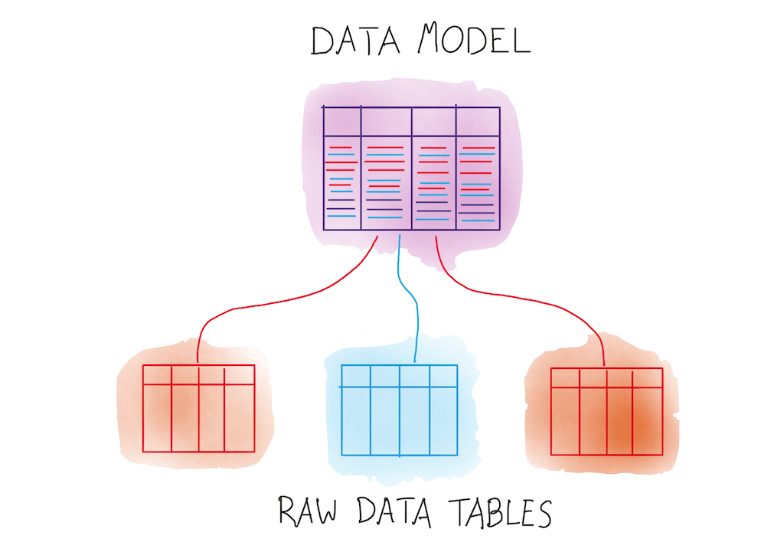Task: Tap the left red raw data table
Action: point(199,408)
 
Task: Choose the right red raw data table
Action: point(606,411)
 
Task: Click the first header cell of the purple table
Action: point(341,121)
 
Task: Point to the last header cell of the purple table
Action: point(478,121)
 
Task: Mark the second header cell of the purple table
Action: point(386,121)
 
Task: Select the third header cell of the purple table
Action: point(433,121)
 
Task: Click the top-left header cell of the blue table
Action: point(356,376)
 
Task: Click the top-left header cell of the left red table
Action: point(157,374)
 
